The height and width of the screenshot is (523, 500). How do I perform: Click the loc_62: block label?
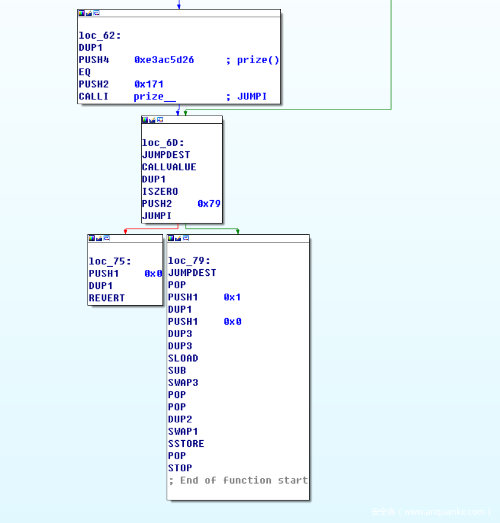coord(100,36)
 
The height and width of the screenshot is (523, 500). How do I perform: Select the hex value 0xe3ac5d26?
coord(164,60)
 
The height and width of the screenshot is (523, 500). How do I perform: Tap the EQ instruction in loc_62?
coord(85,72)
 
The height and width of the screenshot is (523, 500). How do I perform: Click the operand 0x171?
coord(149,84)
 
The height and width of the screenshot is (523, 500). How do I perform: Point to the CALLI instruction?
coord(93,96)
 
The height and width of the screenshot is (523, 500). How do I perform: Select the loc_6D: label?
coord(163,142)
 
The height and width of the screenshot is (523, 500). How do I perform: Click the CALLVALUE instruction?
coord(169,167)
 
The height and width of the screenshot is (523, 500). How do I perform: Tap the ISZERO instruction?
coord(160,191)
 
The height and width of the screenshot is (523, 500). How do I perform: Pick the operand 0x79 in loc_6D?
coord(209,204)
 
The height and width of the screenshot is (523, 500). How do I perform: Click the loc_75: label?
coord(110,261)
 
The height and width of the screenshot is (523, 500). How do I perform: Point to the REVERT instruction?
coord(107,298)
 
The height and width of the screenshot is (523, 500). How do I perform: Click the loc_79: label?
coord(189,260)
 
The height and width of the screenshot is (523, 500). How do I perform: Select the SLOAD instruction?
coord(183,358)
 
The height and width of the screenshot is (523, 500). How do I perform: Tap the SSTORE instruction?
coord(186,444)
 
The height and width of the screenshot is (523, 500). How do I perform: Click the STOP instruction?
coord(180,468)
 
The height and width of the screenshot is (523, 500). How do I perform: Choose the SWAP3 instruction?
coord(183,382)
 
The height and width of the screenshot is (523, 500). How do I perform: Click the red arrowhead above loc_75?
coord(125,231)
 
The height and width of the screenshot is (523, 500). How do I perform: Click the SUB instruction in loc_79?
coord(177,371)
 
